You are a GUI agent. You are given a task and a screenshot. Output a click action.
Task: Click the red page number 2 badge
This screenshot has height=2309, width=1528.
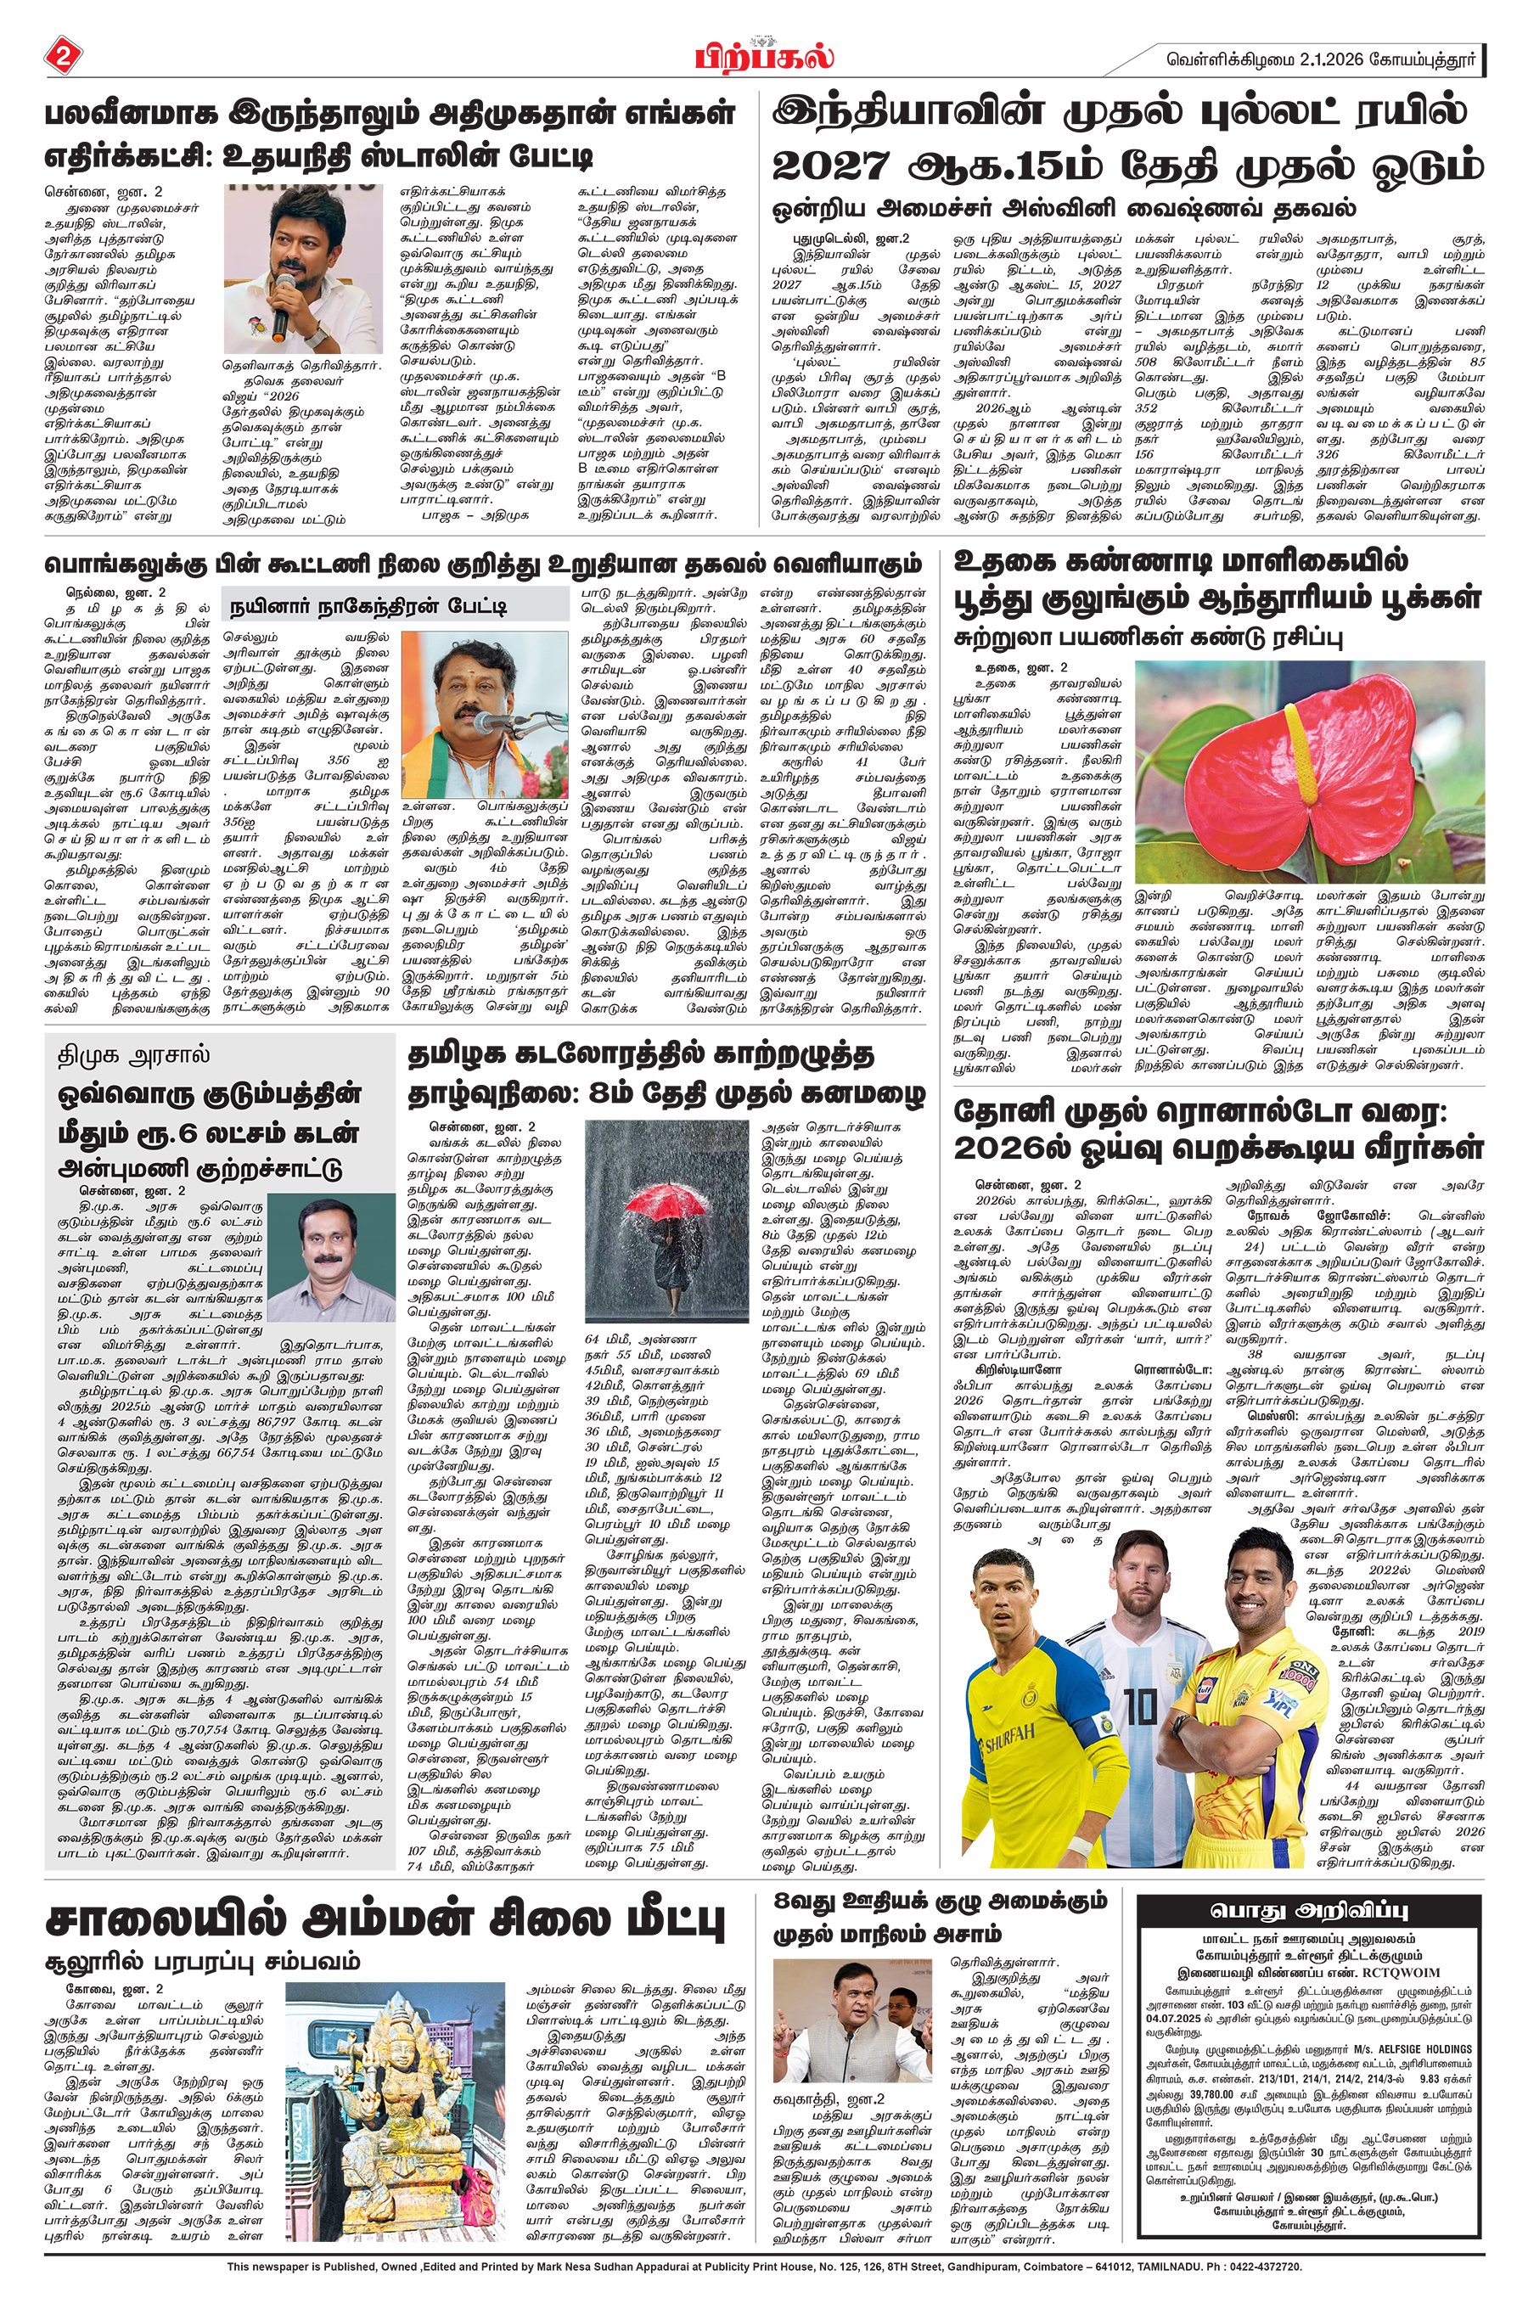[x=64, y=55]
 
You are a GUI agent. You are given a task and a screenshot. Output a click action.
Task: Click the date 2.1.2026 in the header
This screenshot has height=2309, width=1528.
[x=1332, y=59]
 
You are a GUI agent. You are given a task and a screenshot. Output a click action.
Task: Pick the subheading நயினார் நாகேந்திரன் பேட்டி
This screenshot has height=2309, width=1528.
[x=368, y=607]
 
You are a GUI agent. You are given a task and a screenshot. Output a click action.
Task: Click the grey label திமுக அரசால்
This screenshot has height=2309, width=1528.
[x=121, y=1056]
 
